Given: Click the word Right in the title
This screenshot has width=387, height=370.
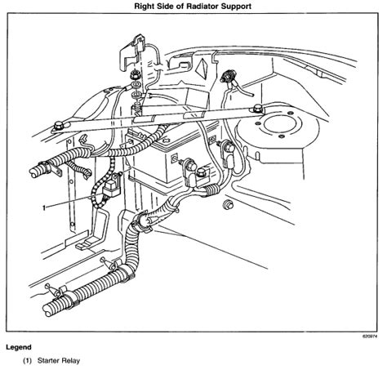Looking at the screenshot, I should coord(133,7).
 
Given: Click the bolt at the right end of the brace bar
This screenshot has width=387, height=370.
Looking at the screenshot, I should coord(257,107).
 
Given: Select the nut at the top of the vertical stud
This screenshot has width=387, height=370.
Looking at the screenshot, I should coord(136,79).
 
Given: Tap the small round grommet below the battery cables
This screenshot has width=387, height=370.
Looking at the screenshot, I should coord(229,202).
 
